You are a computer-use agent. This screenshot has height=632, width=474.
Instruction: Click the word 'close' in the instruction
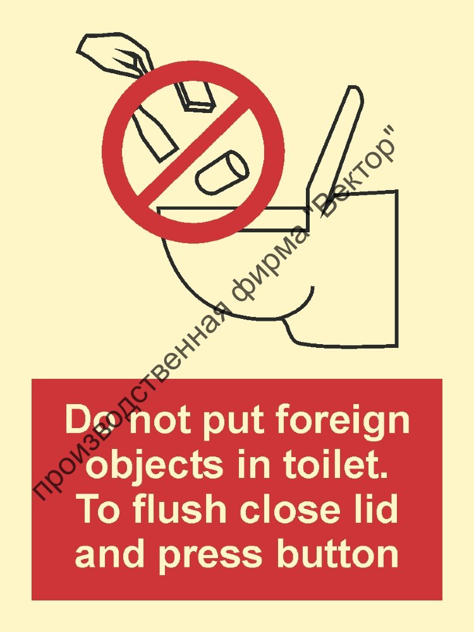282,510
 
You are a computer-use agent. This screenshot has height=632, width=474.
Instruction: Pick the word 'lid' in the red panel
376,510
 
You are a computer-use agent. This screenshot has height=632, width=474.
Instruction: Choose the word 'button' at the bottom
334,554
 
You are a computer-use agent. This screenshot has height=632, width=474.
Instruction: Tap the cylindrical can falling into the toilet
222,172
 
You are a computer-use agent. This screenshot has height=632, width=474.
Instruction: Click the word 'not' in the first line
164,420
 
